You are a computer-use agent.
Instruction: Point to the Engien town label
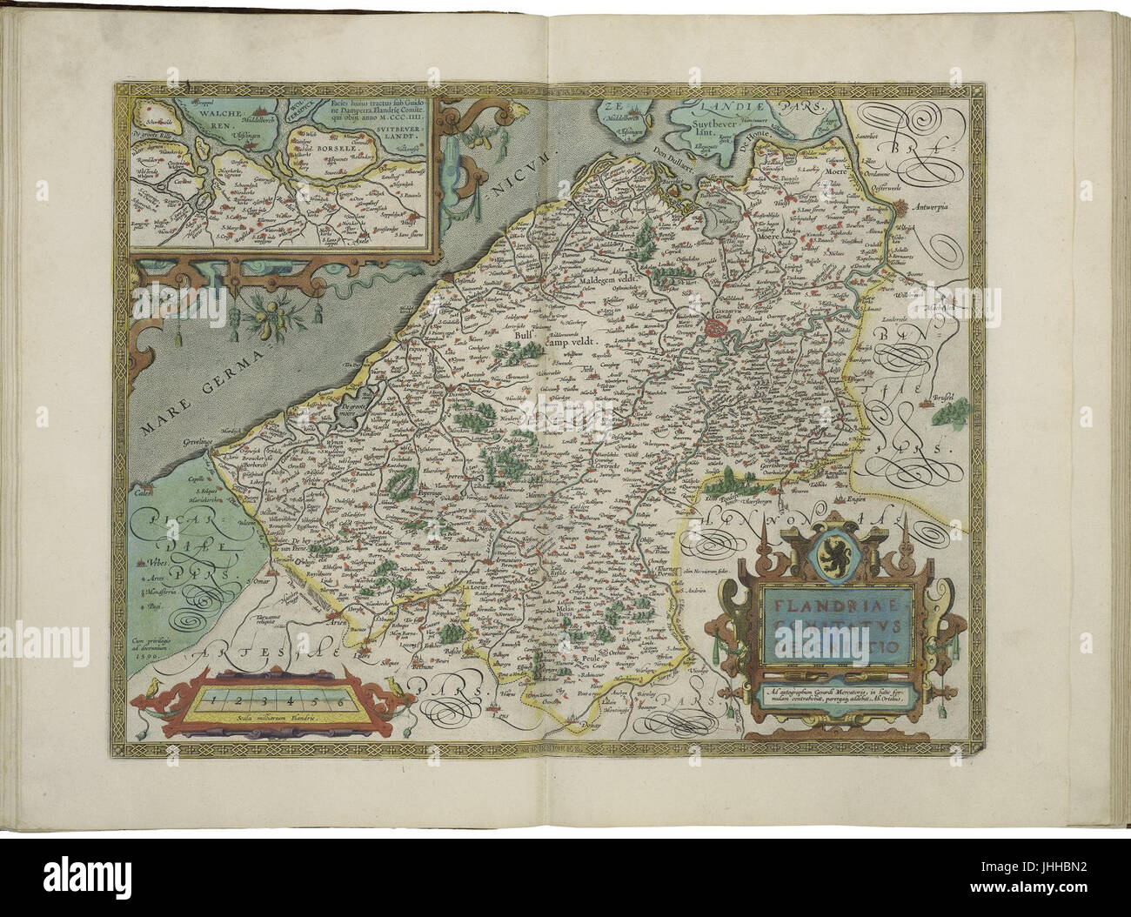(840, 499)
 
